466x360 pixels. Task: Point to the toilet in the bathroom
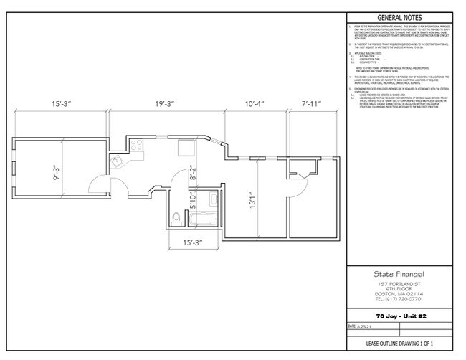(177, 218)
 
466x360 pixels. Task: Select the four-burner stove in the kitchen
(137, 146)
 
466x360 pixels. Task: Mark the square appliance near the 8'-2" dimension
(186, 147)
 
